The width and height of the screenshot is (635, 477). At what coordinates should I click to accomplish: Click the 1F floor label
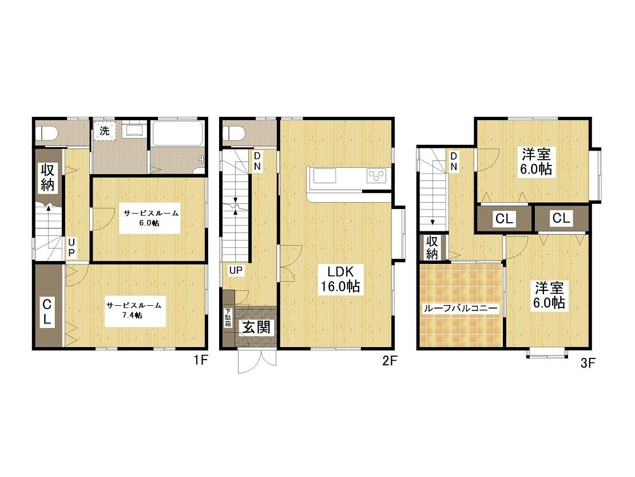pyautogui.click(x=200, y=360)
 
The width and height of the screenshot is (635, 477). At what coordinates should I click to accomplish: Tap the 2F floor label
pyautogui.click(x=390, y=361)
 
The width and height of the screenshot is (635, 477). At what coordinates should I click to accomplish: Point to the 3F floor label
pyautogui.click(x=588, y=363)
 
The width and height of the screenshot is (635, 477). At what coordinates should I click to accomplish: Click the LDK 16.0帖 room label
pyautogui.click(x=340, y=279)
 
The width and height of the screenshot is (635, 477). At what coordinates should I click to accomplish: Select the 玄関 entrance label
pyautogui.click(x=256, y=327)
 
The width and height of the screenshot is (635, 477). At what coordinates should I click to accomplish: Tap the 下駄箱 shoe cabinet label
pyautogui.click(x=228, y=317)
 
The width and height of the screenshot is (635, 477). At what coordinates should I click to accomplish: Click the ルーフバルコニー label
pyautogui.click(x=461, y=309)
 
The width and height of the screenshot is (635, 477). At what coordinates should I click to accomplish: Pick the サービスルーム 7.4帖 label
pyautogui.click(x=135, y=310)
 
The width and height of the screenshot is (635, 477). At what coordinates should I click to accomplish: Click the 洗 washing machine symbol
pyautogui.click(x=105, y=131)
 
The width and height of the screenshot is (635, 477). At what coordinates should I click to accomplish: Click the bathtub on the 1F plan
pyautogui.click(x=177, y=133)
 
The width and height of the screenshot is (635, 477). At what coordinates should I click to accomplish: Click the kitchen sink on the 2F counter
pyautogui.click(x=324, y=176)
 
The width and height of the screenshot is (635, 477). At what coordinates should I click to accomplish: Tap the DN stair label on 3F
pyautogui.click(x=454, y=161)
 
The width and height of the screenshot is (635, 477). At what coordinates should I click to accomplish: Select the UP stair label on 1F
pyautogui.click(x=72, y=247)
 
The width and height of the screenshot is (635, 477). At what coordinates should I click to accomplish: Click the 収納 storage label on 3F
pyautogui.click(x=432, y=247)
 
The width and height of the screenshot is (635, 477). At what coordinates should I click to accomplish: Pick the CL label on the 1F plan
pyautogui.click(x=47, y=312)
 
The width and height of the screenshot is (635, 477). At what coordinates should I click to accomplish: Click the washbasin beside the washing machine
pyautogui.click(x=132, y=129)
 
